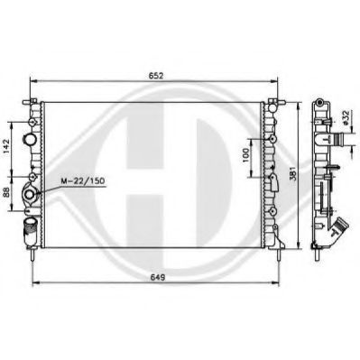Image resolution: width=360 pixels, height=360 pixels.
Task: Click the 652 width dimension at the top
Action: [156, 76]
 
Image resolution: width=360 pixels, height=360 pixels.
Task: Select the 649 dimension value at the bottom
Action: [157, 277]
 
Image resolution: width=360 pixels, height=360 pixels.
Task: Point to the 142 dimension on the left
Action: [6, 146]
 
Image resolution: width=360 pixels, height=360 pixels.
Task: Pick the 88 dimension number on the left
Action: [6, 192]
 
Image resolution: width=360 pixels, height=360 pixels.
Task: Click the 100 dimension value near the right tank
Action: [245, 155]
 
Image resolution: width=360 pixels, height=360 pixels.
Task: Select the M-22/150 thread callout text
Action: [82, 181]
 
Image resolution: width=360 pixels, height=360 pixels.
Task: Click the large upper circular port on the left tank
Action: [30, 139]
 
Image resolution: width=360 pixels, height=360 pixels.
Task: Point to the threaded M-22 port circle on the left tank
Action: [30, 195]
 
